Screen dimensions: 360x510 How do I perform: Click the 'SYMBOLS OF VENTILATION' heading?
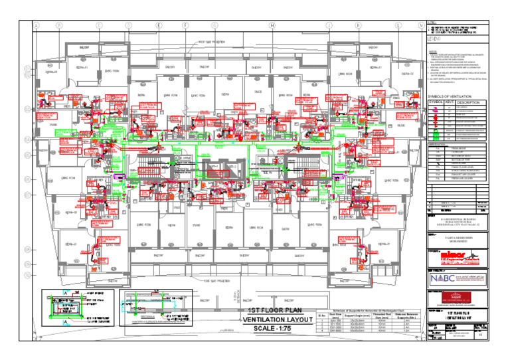click(x=454, y=96)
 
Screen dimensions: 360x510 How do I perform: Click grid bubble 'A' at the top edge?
click(x=38, y=25)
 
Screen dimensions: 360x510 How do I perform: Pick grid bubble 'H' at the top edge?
click(x=273, y=25)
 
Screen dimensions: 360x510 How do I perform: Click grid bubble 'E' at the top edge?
click(x=159, y=25)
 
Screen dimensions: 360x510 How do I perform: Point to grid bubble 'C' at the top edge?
click(x=99, y=25)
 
